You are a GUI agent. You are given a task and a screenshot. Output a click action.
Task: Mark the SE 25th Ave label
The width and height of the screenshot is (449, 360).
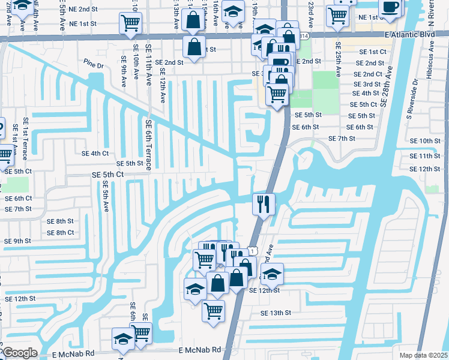(x=338, y=59)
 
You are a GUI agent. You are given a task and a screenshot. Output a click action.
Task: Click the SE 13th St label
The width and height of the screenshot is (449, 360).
(x=276, y=313)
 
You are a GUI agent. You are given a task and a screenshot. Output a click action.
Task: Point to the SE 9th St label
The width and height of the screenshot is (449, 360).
(x=17, y=241)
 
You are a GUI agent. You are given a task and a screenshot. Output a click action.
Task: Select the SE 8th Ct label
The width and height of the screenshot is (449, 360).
(x=60, y=232)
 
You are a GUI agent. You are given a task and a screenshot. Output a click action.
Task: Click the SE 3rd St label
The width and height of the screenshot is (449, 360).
(x=367, y=84)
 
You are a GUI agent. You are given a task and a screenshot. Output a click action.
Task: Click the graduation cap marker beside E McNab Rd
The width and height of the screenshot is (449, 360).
(x=124, y=339)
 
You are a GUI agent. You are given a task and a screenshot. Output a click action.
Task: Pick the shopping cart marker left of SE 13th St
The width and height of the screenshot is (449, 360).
(x=214, y=310)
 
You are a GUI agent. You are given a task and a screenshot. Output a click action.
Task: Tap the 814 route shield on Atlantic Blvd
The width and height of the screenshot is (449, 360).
(x=304, y=36)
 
